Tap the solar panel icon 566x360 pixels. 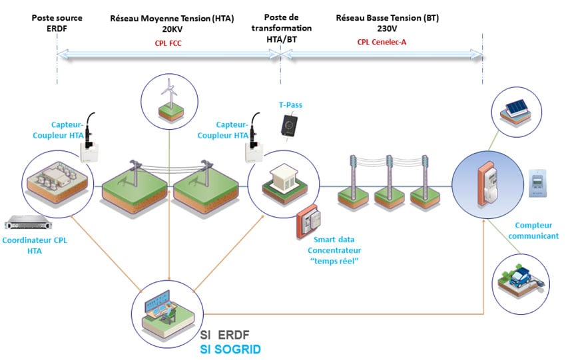(516, 110)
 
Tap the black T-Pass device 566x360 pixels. (290, 125)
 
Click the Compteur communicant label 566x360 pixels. (537, 231)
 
